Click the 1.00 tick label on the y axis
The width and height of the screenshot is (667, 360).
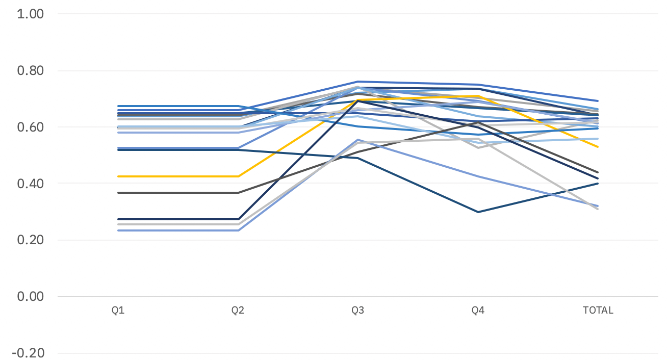[x=30, y=14]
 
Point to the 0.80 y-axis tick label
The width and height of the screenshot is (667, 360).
[x=30, y=70]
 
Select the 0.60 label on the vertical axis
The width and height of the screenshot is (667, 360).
[x=30, y=127]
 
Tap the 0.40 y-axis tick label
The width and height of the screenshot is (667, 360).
[x=30, y=184]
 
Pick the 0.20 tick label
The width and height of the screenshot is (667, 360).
[x=30, y=240]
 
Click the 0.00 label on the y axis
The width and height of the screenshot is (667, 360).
[x=30, y=296]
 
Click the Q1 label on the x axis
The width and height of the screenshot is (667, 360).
[x=118, y=310]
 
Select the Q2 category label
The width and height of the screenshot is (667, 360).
[x=238, y=310]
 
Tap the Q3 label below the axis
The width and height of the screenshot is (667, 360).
[x=358, y=310]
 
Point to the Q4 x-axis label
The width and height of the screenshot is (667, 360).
[x=478, y=310]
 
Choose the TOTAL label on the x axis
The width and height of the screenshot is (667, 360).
[x=598, y=310]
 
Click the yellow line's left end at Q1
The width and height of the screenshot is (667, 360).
[x=118, y=176]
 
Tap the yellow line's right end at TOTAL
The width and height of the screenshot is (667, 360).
[x=598, y=147]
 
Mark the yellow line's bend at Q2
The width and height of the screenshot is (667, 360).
[x=238, y=176]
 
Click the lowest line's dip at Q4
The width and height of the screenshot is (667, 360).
[x=478, y=212]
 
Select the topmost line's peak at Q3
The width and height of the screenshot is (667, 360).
[x=358, y=82]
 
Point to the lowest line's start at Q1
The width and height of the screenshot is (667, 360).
[x=118, y=230]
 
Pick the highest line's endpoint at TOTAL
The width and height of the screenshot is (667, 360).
[x=598, y=101]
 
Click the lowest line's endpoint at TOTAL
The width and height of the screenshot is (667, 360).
[x=598, y=209]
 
